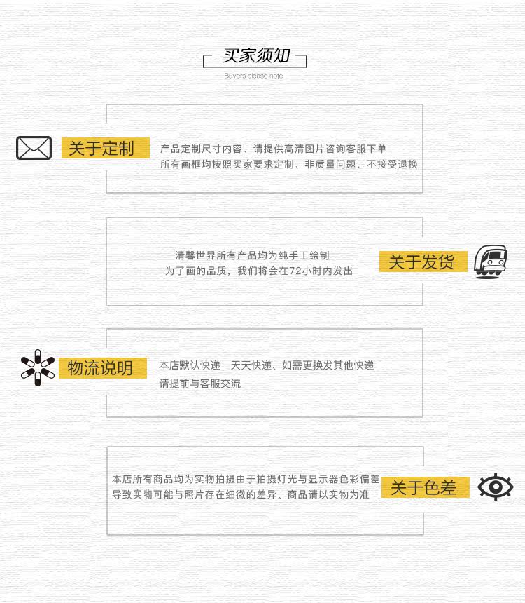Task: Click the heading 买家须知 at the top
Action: (255, 56)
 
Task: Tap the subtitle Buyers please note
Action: (253, 76)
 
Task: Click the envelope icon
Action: (34, 148)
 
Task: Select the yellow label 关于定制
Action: (105, 148)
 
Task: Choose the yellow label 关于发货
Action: (422, 262)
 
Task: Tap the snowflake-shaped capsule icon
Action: (37, 367)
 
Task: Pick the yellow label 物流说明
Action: (102, 368)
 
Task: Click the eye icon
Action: (495, 487)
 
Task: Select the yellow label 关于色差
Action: (423, 487)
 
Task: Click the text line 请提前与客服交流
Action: (199, 384)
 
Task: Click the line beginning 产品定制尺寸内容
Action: (273, 149)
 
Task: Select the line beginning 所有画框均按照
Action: (288, 164)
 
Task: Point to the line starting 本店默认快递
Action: (266, 365)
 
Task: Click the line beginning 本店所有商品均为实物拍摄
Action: (245, 479)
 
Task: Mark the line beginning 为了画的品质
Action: (258, 271)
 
